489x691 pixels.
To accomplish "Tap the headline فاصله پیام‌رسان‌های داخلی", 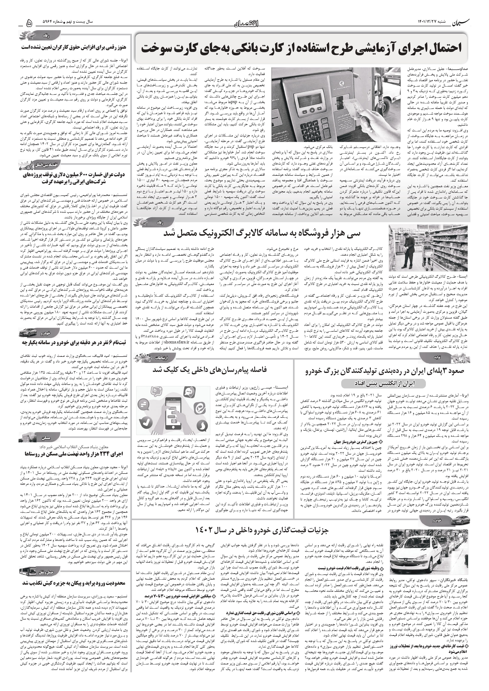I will click(x=210, y=370).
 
